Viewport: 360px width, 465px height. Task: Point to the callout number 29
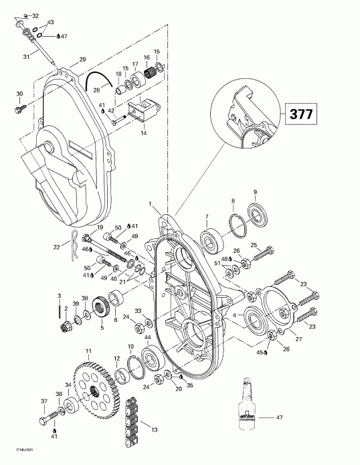pyautogui.click(x=83, y=60)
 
